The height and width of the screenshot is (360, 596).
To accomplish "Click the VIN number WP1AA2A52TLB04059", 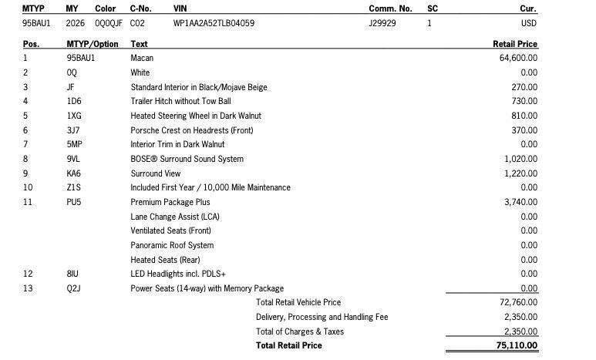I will pyautogui.click(x=214, y=23).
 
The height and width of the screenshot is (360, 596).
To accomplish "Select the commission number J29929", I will pyautogui.click(x=382, y=23).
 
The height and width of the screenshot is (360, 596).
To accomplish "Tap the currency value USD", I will pyautogui.click(x=529, y=23).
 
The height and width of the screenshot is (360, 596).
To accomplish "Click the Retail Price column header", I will pyautogui.click(x=514, y=44).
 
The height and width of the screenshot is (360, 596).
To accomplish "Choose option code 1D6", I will pyautogui.click(x=73, y=101).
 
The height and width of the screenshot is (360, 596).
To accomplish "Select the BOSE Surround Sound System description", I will pyautogui.click(x=187, y=159).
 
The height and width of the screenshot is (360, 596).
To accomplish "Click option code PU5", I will pyautogui.click(x=74, y=202).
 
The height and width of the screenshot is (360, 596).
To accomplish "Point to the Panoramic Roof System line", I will pyautogui.click(x=172, y=245).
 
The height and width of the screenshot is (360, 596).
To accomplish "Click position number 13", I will pyautogui.click(x=28, y=288).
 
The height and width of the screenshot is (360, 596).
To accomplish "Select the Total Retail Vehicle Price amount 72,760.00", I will pyautogui.click(x=518, y=302).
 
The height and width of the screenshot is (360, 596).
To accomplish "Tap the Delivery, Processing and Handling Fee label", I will pyautogui.click(x=322, y=317).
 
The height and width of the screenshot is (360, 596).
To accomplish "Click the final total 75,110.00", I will pyautogui.click(x=516, y=345).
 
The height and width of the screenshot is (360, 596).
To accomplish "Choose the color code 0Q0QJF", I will pyautogui.click(x=109, y=23).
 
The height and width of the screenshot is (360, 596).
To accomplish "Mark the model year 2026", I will pyautogui.click(x=76, y=23).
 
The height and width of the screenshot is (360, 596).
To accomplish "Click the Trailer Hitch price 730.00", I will pyautogui.click(x=524, y=101).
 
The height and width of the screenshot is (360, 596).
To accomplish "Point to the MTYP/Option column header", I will pyautogui.click(x=93, y=44).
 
